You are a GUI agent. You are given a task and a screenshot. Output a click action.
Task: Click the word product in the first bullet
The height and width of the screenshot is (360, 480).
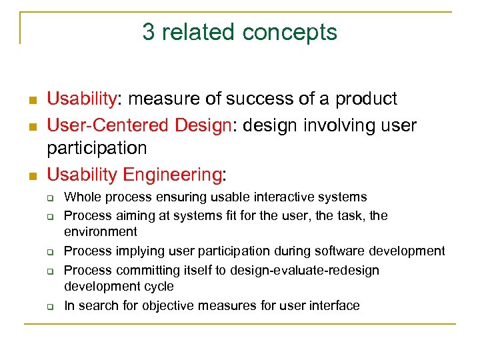click(366, 99)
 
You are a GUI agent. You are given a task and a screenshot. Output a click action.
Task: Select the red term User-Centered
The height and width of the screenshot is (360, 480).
click(109, 125)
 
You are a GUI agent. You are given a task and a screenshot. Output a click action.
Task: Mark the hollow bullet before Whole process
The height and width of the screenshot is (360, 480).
click(49, 198)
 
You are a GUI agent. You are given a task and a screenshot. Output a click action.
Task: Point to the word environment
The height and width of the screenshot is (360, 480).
click(101, 232)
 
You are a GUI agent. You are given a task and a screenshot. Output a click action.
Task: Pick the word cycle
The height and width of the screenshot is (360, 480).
click(159, 287)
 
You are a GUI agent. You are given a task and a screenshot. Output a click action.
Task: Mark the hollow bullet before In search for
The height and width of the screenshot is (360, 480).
click(49, 307)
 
